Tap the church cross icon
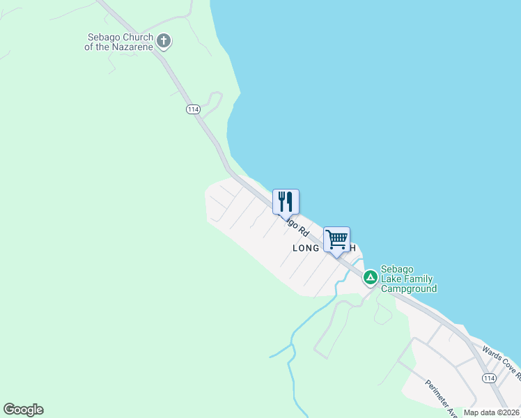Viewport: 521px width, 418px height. (164, 41)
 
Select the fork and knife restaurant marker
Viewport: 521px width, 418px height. (286, 201)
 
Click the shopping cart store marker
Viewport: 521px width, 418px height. (336, 240)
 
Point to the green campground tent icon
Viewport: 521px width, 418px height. (371, 277)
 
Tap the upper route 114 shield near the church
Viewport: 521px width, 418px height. (193, 109)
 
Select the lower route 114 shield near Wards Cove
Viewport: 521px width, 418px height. (488, 378)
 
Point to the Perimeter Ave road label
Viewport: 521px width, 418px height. (442, 399)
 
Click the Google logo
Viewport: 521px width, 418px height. (23, 410)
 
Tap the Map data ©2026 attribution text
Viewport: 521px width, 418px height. (491, 412)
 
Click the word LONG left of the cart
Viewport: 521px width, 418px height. (306, 249)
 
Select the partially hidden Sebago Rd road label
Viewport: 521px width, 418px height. (295, 226)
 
